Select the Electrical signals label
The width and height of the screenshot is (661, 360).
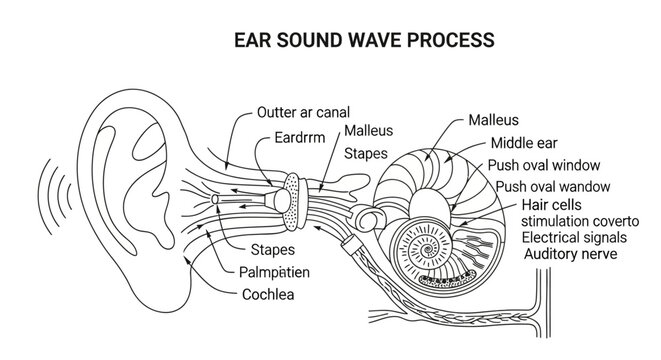coord(574,238)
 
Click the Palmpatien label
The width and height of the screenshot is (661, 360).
coord(278,271)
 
